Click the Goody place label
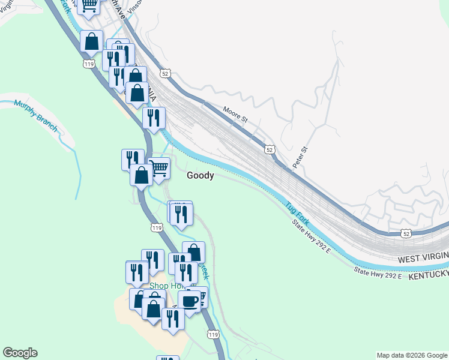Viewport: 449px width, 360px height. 200,176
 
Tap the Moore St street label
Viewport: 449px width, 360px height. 235,115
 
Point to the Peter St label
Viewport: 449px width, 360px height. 300,155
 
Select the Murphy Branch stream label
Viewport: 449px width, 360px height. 35,115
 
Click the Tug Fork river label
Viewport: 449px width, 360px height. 298,214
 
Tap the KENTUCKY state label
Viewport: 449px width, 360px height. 428,275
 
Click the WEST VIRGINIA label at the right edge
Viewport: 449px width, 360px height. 423,257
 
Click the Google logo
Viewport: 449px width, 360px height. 20,353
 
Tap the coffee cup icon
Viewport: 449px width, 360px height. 190,301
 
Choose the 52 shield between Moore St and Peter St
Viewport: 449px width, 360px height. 270,149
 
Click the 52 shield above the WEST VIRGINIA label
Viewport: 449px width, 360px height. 406,232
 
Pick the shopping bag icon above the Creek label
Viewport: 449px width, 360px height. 193,252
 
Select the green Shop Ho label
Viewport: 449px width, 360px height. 165,286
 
